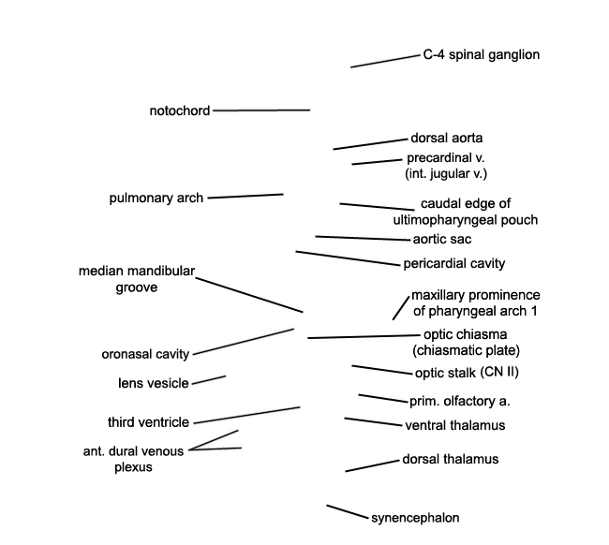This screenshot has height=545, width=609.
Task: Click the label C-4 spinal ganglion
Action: pyautogui.click(x=482, y=54)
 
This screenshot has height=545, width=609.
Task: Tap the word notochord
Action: pyautogui.click(x=180, y=111)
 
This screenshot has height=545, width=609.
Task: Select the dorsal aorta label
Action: pyautogui.click(x=447, y=138)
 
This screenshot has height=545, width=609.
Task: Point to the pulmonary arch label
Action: pyautogui.click(x=156, y=198)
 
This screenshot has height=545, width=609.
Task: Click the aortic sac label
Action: pyautogui.click(x=442, y=239)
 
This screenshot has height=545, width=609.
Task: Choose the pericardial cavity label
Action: pyautogui.click(x=454, y=263)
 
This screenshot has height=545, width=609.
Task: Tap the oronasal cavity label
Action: pyautogui.click(x=145, y=354)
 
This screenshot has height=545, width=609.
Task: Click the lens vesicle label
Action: pyautogui.click(x=154, y=383)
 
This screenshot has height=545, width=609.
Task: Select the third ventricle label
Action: pyautogui.click(x=148, y=422)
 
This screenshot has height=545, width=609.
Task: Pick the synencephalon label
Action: pyautogui.click(x=415, y=518)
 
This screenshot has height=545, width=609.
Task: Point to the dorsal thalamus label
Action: pyautogui.click(x=451, y=459)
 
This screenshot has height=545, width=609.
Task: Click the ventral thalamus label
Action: pyautogui.click(x=455, y=425)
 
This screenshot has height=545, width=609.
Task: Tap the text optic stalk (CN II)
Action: pyautogui.click(x=467, y=373)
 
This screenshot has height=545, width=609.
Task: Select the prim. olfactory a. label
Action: pyautogui.click(x=460, y=402)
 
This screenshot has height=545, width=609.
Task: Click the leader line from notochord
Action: pyautogui.click(x=261, y=110)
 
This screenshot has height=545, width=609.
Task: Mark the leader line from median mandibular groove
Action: pyautogui.click(x=249, y=295)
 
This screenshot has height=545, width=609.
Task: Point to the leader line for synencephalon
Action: pyautogui.click(x=348, y=511)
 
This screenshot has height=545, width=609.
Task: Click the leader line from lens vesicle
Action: pyautogui.click(x=209, y=380)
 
